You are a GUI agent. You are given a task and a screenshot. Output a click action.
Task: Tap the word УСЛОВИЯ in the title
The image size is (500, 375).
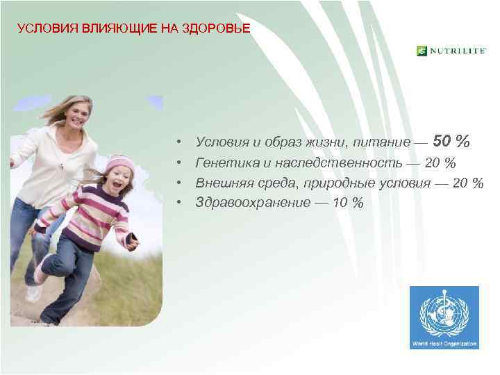pyautogui.click(x=41, y=28)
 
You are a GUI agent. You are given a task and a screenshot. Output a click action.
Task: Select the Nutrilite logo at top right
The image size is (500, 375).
pyautogui.click(x=451, y=51)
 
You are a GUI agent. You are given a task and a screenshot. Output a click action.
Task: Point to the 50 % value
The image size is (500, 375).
pyautogui.click(x=451, y=142)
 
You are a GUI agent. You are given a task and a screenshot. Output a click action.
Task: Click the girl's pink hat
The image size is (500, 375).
pyautogui.click(x=119, y=165)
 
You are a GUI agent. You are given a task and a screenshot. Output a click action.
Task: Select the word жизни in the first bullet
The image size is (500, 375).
pyautogui.click(x=329, y=142)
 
